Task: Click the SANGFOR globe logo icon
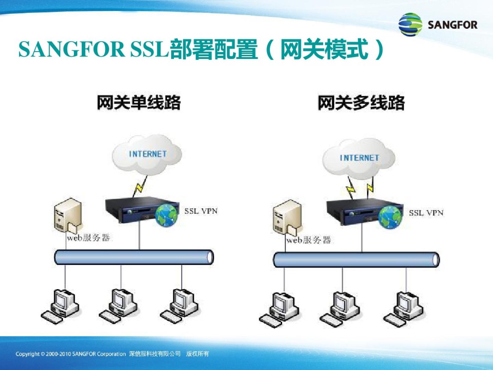click(x=410, y=24)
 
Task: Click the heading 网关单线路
click(x=139, y=103)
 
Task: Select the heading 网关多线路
click(x=361, y=103)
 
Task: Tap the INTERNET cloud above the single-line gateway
click(x=147, y=155)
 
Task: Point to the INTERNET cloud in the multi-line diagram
click(x=359, y=159)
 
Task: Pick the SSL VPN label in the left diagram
click(x=201, y=211)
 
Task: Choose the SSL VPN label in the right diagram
click(x=426, y=213)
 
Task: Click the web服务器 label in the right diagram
click(x=308, y=240)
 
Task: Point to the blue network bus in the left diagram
click(x=134, y=257)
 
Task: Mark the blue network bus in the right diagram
click(x=356, y=260)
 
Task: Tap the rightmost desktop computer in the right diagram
click(x=403, y=309)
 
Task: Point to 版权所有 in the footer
click(x=198, y=354)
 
